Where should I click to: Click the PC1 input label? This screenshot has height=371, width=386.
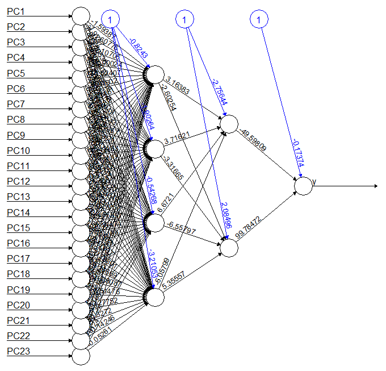coord(15,11)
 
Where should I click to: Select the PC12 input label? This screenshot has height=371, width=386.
coord(18,181)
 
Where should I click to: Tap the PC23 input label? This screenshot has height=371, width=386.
coord(18,352)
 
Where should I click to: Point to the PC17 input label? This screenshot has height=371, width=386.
coord(18,259)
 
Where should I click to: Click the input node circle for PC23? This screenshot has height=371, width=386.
coord(81,356)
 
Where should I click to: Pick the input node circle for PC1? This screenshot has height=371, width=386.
coord(81,15)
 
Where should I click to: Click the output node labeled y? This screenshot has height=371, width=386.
coord(304,186)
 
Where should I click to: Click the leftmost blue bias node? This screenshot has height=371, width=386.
coord(111,20)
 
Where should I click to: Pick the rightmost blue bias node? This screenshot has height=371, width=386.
coord(258,20)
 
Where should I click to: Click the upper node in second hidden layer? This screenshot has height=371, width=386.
coord(229,124)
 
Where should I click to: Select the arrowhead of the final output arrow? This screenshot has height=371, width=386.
coord(375,186)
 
